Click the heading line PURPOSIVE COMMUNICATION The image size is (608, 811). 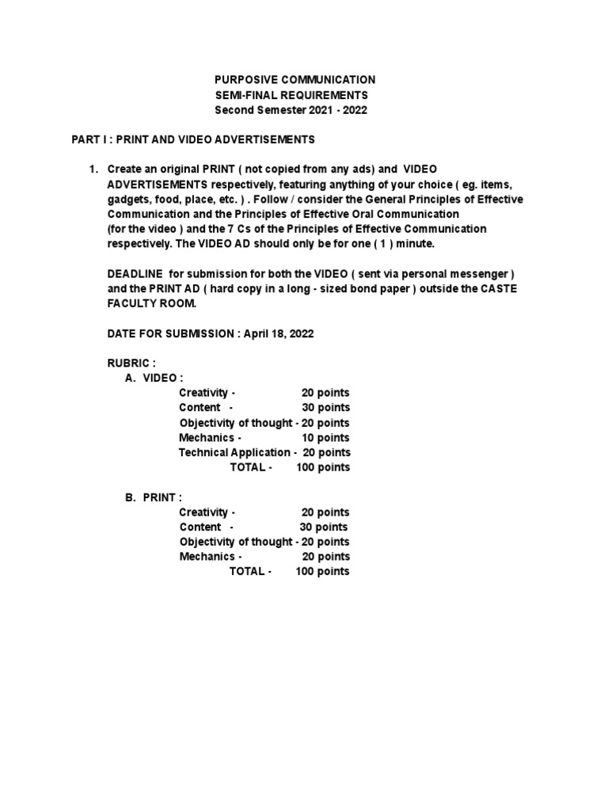pyautogui.click(x=295, y=80)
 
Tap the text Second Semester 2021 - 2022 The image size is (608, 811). pyautogui.click(x=291, y=110)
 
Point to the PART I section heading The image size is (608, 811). pyautogui.click(x=193, y=139)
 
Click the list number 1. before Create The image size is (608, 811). pyautogui.click(x=93, y=169)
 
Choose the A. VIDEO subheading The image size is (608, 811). pyautogui.click(x=154, y=378)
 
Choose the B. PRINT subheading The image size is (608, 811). pyautogui.click(x=154, y=497)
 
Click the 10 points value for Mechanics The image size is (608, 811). pyautogui.click(x=325, y=437)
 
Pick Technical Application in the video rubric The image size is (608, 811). pyautogui.click(x=234, y=452)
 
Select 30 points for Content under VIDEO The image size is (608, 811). pyautogui.click(x=325, y=408)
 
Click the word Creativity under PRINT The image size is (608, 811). pyautogui.click(x=203, y=512)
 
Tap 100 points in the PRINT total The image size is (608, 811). pyautogui.click(x=322, y=571)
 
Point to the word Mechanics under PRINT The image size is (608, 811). pyautogui.click(x=207, y=557)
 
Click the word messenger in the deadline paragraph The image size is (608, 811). pyautogui.click(x=483, y=274)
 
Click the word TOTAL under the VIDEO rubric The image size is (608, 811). pyautogui.click(x=247, y=467)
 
